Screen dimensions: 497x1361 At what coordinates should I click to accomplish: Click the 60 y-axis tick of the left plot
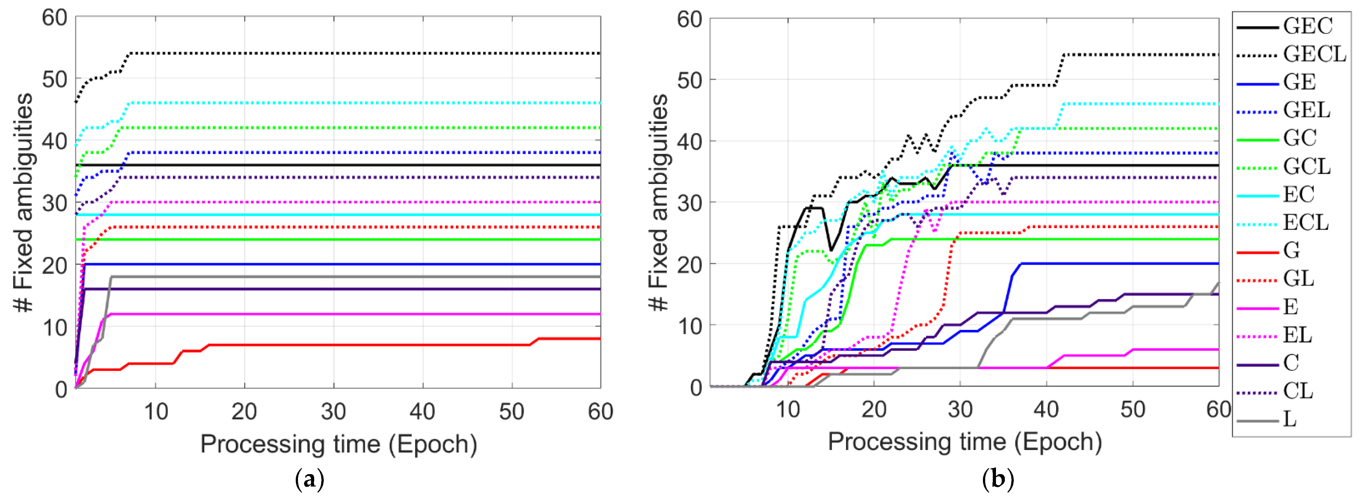tap(54, 18)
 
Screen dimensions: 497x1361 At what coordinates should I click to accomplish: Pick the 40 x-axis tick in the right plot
tap(1046, 410)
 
